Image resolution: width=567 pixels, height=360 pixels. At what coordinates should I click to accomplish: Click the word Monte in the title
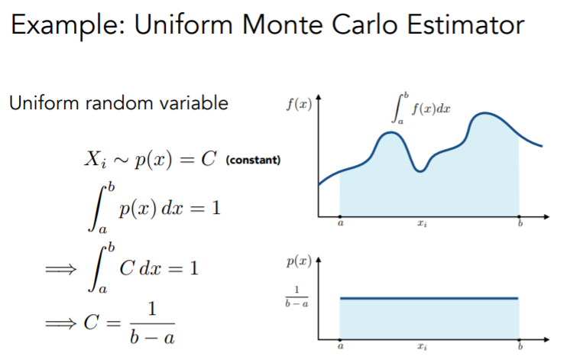(282, 24)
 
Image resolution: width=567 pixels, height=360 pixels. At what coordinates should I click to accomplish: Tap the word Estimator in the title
(466, 24)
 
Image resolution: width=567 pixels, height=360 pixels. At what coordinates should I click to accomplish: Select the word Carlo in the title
(364, 24)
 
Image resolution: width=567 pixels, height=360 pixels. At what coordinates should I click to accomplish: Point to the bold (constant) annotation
(253, 160)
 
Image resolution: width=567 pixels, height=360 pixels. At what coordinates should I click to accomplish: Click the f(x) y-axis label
(299, 104)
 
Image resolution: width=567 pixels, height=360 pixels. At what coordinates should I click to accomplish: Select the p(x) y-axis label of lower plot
(299, 261)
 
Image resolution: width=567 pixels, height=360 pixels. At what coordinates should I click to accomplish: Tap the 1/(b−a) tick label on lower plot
(296, 297)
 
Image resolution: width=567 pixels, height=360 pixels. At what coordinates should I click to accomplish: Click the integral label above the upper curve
(421, 109)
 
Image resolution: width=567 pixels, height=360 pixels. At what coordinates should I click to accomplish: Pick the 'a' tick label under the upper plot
(340, 223)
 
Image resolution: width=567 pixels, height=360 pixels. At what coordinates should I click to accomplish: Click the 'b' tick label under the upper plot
(520, 223)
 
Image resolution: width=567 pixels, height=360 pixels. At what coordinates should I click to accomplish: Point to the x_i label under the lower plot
(422, 346)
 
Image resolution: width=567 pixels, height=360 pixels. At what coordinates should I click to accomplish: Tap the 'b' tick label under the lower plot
(520, 346)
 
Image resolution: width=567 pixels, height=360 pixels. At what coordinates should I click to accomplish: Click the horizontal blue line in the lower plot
(429, 298)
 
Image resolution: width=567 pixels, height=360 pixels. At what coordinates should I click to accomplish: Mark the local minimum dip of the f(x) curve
(420, 170)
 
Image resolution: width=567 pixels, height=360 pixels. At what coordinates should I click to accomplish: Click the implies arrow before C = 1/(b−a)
(61, 323)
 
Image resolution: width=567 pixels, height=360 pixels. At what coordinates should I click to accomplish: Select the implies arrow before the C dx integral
(61, 269)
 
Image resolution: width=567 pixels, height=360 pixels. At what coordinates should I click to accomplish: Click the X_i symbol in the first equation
(96, 160)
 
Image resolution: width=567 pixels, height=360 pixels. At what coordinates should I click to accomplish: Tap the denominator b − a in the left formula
(152, 337)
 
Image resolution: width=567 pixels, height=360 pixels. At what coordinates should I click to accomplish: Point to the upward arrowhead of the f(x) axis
(318, 97)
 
